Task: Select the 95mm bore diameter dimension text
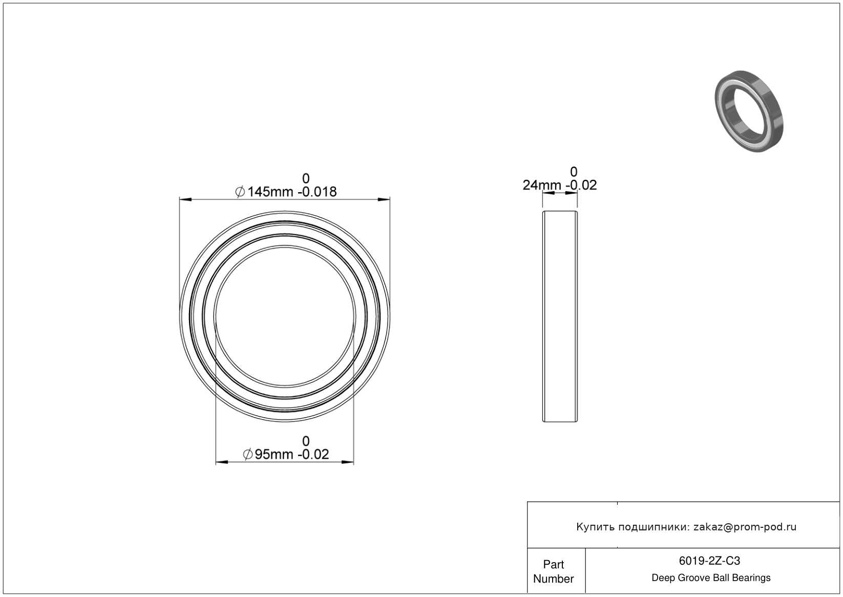[273, 455]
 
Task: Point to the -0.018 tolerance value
[317, 192]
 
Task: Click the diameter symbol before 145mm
[240, 192]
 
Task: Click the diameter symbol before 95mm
[248, 455]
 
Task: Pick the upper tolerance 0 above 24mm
[574, 172]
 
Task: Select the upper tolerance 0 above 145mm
[306, 178]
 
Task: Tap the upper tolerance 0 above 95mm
[306, 441]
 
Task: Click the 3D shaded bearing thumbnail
[749, 112]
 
